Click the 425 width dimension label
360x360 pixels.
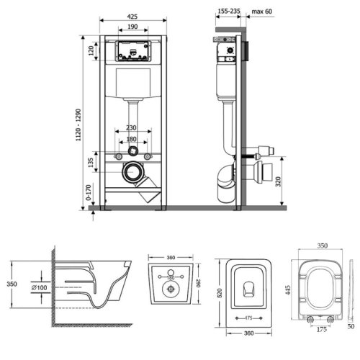point(132,17)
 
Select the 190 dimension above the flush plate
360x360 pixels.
point(132,27)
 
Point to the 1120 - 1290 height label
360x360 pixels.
point(78,125)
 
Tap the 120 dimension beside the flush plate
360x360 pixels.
point(91,51)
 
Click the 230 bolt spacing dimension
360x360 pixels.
point(131,127)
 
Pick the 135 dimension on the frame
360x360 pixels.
point(91,163)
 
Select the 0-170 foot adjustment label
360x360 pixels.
point(89,192)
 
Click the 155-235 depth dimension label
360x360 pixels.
point(229,11)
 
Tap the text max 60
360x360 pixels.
point(262,12)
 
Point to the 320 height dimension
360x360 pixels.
point(278,181)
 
